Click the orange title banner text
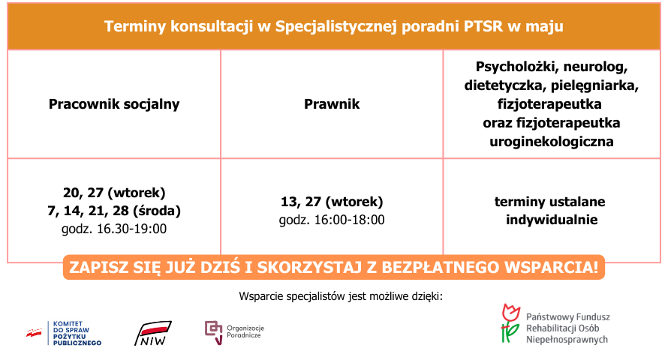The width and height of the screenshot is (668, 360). (x=333, y=26)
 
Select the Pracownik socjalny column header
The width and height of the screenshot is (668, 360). (x=114, y=104)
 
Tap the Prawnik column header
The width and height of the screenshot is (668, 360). (x=332, y=104)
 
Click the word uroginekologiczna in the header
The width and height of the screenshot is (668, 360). (x=551, y=142)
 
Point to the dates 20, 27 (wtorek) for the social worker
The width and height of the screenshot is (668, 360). (x=114, y=193)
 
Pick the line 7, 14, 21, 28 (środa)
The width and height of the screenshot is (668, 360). (x=114, y=211)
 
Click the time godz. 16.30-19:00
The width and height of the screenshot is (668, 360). (x=114, y=229)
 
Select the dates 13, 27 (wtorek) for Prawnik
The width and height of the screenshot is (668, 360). (x=332, y=202)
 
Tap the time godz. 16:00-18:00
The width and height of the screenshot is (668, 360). (x=332, y=220)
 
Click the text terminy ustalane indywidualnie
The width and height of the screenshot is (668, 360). (x=551, y=211)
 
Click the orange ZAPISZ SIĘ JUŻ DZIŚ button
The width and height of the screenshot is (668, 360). (x=333, y=267)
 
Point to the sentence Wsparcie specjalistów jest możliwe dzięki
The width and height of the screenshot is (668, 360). (x=341, y=296)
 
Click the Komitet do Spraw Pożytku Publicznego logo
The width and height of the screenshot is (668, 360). (x=64, y=333)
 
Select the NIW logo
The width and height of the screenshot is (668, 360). (x=153, y=333)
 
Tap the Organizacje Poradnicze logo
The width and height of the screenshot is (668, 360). (x=235, y=332)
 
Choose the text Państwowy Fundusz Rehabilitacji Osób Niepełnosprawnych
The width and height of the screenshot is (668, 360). (x=567, y=328)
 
